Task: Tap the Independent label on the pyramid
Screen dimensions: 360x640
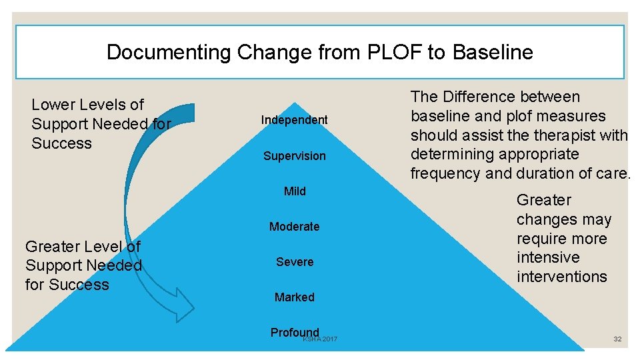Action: (x=295, y=120)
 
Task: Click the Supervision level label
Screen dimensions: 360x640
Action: (x=295, y=156)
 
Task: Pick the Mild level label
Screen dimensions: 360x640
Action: (x=295, y=191)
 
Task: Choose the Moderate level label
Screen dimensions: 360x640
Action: (x=295, y=227)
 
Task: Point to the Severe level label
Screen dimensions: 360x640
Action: (x=295, y=262)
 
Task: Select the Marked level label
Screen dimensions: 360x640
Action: (x=295, y=297)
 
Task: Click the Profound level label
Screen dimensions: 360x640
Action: (x=295, y=332)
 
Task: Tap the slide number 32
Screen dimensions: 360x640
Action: (x=617, y=339)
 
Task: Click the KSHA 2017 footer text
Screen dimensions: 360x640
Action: (x=321, y=340)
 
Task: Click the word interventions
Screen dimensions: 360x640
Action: (x=562, y=277)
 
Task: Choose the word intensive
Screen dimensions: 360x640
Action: (x=549, y=257)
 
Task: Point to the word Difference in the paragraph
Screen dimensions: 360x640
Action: (x=473, y=97)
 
